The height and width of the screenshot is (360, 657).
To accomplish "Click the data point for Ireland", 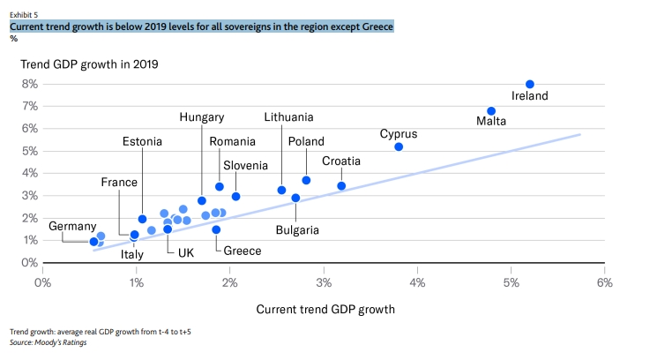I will point(530,84).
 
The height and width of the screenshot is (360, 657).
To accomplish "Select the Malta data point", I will point(491,111).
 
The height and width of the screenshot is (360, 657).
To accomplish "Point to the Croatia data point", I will point(341,186).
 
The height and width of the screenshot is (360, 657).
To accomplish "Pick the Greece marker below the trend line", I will point(216,229).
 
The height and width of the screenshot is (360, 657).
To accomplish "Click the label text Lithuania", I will point(288,116).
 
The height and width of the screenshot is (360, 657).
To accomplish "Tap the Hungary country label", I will point(201,116).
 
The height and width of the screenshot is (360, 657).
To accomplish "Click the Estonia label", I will point(143,140).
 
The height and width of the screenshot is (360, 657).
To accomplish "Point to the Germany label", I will point(72,226).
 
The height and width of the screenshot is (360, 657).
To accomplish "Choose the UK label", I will point(186,251).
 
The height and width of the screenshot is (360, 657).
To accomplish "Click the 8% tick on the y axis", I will point(27,84).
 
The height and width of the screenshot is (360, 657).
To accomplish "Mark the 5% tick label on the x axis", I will point(511,282).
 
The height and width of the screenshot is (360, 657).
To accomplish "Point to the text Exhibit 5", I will point(24,14).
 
